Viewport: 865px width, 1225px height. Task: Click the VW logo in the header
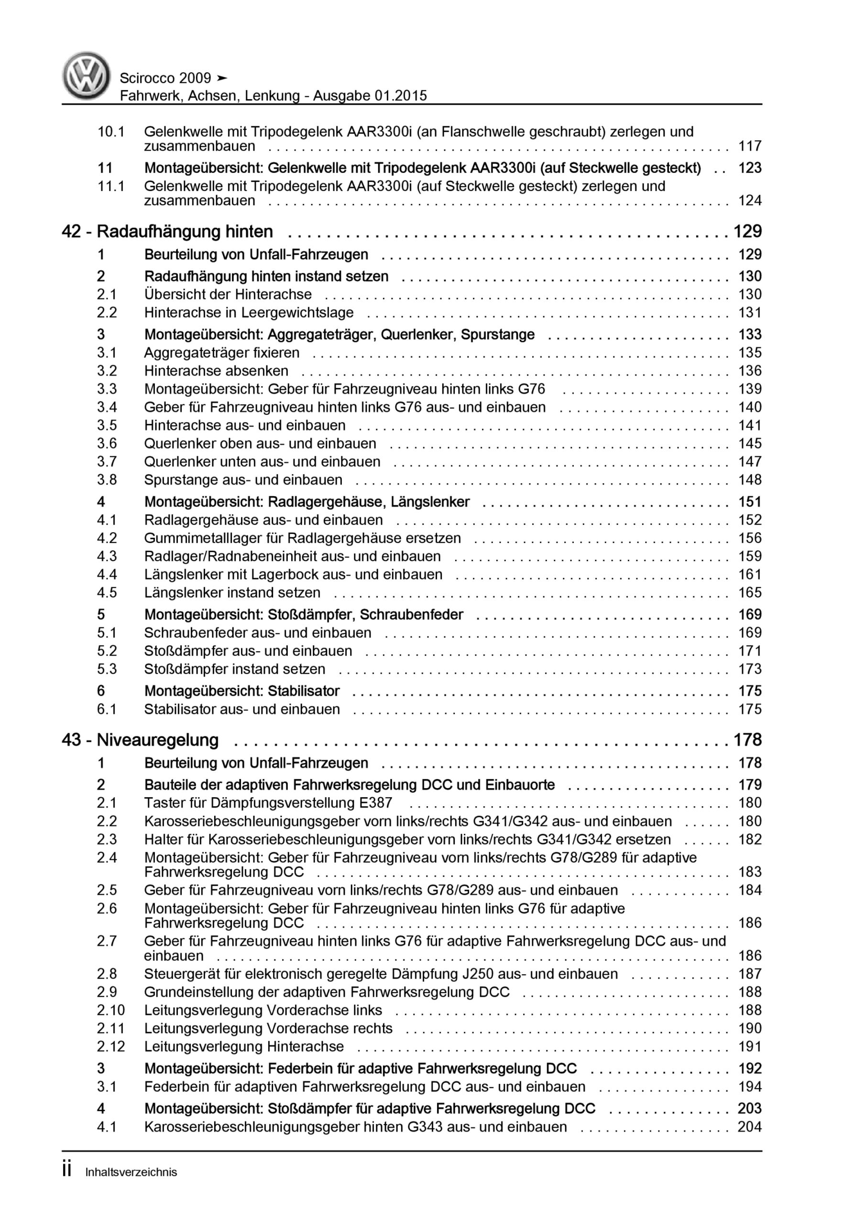coord(86,75)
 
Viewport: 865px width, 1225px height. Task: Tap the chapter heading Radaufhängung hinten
coord(185,232)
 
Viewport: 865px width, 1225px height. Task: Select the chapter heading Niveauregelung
coord(157,740)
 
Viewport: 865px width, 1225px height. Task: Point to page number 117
coord(749,145)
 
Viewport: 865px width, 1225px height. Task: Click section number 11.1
coord(110,186)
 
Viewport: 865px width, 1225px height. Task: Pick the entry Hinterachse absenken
coord(216,371)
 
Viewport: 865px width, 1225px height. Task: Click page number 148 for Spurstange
coord(749,479)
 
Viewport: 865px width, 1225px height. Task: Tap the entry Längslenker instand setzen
coord(232,592)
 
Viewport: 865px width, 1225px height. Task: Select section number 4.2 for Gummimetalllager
coord(107,538)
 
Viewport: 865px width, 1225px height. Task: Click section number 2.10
coord(110,1010)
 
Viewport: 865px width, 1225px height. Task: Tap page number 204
coord(749,1127)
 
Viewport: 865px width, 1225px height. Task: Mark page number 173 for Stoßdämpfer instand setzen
coord(749,669)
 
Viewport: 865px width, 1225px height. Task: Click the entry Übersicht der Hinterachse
coord(228,294)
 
